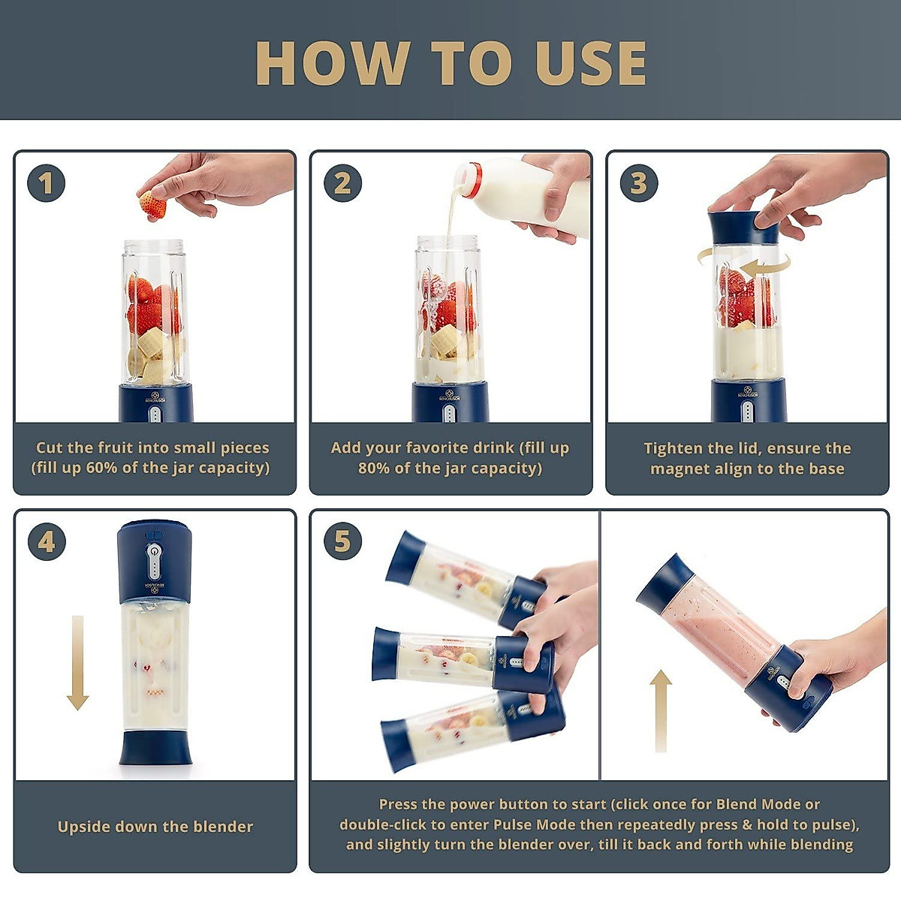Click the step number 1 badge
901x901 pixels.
46,182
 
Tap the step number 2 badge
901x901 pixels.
342,182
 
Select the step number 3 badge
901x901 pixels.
639,182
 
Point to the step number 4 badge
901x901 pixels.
46,542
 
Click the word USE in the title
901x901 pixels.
591,64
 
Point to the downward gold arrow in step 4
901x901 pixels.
77,664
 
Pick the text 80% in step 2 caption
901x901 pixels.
374,468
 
